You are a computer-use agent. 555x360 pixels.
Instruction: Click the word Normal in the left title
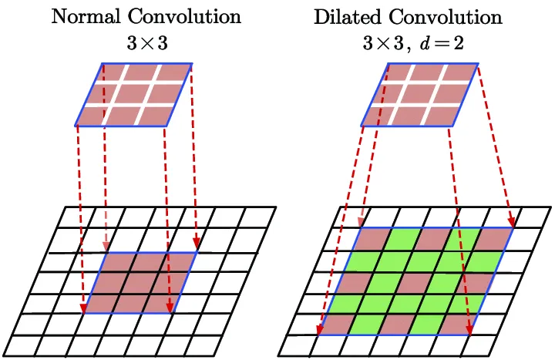point(82,15)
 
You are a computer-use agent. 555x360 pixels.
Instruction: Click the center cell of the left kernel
point(132,94)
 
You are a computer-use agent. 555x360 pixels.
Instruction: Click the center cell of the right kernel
point(419,94)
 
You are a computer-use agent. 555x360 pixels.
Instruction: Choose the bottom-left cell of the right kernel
point(378,116)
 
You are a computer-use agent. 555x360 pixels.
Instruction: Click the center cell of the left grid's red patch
point(140,283)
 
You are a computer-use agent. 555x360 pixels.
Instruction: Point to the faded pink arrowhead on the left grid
point(105,247)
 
